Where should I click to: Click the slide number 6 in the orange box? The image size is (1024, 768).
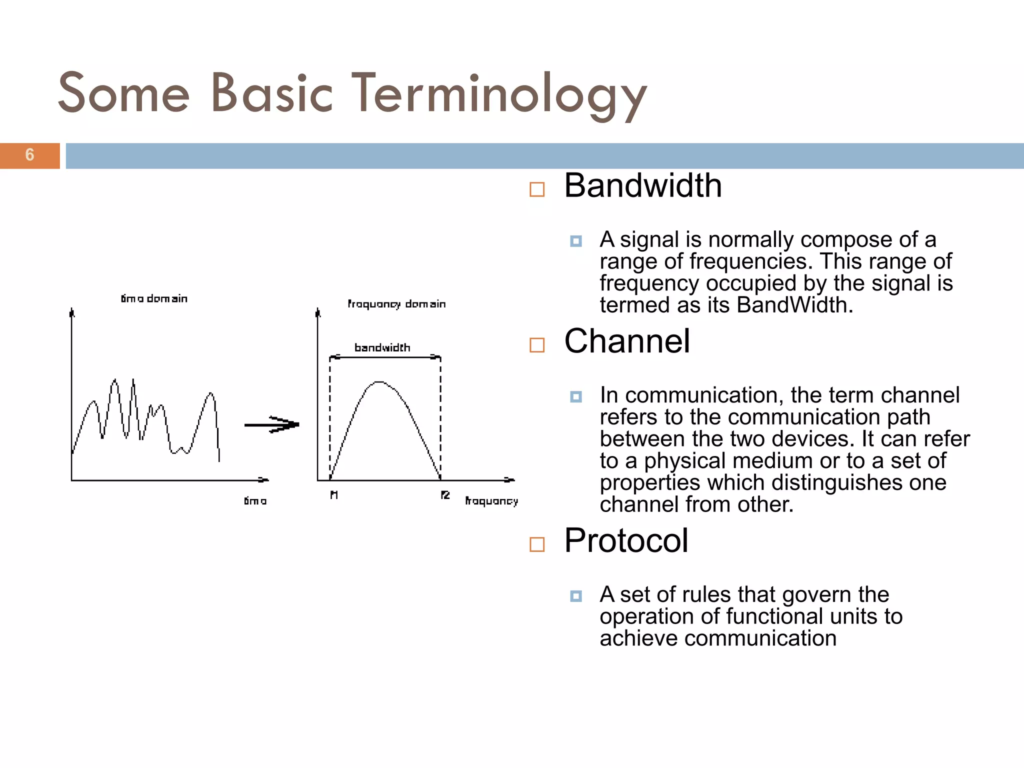(x=29, y=155)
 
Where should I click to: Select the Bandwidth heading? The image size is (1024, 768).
(x=642, y=186)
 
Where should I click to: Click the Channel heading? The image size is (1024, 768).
(x=626, y=341)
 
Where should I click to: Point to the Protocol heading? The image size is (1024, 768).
(x=625, y=540)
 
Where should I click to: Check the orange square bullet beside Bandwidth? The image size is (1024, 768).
(x=536, y=189)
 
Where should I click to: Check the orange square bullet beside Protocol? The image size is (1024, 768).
(x=536, y=544)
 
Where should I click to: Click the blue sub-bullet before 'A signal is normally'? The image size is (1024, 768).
(x=575, y=241)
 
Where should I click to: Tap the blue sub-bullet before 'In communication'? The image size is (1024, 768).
(x=575, y=397)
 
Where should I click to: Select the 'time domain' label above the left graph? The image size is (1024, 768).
(x=154, y=299)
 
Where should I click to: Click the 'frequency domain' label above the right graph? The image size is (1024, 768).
(x=396, y=304)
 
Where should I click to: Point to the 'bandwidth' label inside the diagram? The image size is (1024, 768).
(x=382, y=347)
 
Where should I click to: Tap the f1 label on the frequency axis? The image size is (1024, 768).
(x=334, y=495)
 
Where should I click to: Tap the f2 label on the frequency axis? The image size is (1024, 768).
(x=445, y=495)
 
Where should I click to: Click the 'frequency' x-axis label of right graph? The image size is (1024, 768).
(x=491, y=501)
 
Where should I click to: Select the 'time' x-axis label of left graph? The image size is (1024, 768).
(x=255, y=501)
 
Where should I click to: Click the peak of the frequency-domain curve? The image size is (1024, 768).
(x=380, y=382)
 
